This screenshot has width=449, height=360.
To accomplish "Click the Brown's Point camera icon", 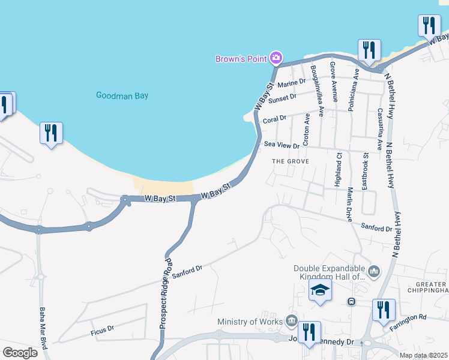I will (x=276, y=58).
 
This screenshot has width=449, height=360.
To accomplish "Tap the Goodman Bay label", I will (x=122, y=95).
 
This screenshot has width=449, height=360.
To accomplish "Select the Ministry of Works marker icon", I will (x=292, y=321).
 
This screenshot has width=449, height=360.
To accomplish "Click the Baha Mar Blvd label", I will (x=43, y=325).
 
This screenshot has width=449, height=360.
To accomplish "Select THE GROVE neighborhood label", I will (x=290, y=161).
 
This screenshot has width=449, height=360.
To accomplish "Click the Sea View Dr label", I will (x=282, y=145).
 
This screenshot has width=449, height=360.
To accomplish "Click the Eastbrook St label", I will (x=365, y=172).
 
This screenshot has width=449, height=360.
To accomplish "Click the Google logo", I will (x=20, y=352).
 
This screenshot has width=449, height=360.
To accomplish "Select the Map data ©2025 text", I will (x=423, y=356).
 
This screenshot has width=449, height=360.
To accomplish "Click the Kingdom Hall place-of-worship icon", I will (x=374, y=272).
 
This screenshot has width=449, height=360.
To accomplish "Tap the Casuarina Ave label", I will (x=379, y=130).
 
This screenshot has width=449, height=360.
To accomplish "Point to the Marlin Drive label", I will (x=349, y=203).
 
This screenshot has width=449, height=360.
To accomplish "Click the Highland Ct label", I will (x=339, y=169).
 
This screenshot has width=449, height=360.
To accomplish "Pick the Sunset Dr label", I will (x=285, y=97).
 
